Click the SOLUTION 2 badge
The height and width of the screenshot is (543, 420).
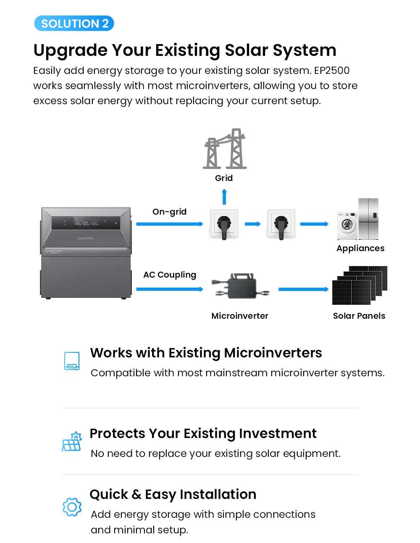(x=73, y=23)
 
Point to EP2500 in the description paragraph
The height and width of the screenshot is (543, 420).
(x=331, y=71)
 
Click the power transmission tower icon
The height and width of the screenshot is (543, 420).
(x=225, y=149)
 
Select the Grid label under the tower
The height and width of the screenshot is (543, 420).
(x=223, y=178)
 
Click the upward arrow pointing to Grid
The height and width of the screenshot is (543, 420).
(x=224, y=197)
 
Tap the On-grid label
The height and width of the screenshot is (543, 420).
(x=169, y=212)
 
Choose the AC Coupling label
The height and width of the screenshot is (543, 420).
(x=170, y=275)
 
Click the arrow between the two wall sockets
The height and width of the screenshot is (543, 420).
(x=252, y=224)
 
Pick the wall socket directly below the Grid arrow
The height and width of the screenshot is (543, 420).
(x=224, y=224)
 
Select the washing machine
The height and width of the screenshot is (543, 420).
(x=347, y=226)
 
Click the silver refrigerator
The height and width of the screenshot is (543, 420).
(x=368, y=219)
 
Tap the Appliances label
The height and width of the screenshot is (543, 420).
(x=360, y=248)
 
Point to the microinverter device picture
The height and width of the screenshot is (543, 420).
(x=240, y=286)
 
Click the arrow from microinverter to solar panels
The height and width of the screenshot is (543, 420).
(x=303, y=289)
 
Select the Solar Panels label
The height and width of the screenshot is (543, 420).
(x=359, y=316)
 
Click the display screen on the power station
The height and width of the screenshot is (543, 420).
(x=86, y=223)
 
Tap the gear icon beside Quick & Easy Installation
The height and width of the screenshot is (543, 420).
(x=72, y=507)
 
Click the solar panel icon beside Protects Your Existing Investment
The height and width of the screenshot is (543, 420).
(x=72, y=441)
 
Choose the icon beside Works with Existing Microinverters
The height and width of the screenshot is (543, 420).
(x=72, y=361)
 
